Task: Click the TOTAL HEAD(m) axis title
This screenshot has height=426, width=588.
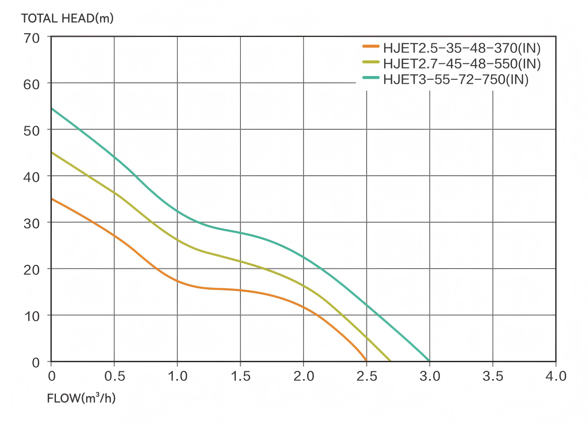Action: pyautogui.click(x=67, y=18)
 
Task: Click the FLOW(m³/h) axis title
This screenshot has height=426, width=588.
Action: pyautogui.click(x=81, y=398)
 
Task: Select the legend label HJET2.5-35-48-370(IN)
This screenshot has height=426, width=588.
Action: pyautogui.click(x=461, y=48)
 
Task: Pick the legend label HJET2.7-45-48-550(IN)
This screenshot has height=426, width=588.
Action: pyautogui.click(x=461, y=63)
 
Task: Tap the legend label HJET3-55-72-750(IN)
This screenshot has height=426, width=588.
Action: pyautogui.click(x=456, y=79)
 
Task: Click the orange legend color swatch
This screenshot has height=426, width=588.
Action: pyautogui.click(x=371, y=46)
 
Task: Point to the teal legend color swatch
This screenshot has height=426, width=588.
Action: pyautogui.click(x=371, y=78)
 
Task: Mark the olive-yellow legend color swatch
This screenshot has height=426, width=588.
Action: pyautogui.click(x=371, y=62)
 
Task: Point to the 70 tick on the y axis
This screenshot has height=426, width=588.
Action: pyautogui.click(x=31, y=38)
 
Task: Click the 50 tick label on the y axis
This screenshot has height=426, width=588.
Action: pyautogui.click(x=31, y=130)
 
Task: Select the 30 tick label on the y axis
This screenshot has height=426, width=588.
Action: pyautogui.click(x=31, y=223)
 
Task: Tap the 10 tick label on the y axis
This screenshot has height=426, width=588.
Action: pyautogui.click(x=31, y=316)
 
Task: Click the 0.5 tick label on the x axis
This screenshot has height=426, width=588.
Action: pyautogui.click(x=114, y=376)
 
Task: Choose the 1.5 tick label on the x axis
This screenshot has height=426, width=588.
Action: pyautogui.click(x=240, y=376)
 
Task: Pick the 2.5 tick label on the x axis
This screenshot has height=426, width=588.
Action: pyautogui.click(x=367, y=376)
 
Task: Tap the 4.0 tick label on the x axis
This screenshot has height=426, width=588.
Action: pyautogui.click(x=556, y=376)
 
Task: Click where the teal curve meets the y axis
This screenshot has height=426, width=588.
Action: pyautogui.click(x=51, y=108)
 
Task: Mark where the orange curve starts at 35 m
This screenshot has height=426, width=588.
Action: pyautogui.click(x=51, y=199)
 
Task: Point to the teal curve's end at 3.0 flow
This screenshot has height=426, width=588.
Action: pyautogui.click(x=429, y=361)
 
